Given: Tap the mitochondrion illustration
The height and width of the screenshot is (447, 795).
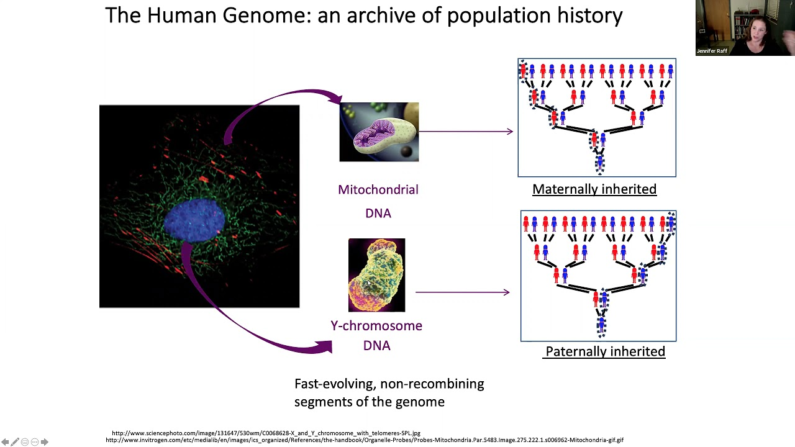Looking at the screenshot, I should pyautogui.click(x=379, y=132).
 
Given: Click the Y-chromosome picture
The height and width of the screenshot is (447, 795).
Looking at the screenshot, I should pyautogui.click(x=376, y=275).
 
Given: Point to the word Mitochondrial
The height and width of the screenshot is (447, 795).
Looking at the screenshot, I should pyautogui.click(x=378, y=190).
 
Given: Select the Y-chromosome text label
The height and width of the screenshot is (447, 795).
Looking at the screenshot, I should pyautogui.click(x=376, y=326).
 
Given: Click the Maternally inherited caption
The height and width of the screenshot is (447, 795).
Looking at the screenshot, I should pyautogui.click(x=594, y=189).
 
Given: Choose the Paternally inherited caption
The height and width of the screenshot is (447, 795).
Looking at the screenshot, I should pyautogui.click(x=605, y=351).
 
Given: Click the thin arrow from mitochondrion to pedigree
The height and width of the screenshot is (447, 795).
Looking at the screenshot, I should pyautogui.click(x=466, y=131).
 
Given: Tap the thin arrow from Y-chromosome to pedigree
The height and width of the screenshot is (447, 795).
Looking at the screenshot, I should pyautogui.click(x=462, y=292).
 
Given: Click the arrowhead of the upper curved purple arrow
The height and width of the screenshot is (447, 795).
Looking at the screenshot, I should pyautogui.click(x=334, y=97).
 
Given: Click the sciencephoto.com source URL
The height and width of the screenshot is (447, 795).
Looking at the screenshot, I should pyautogui.click(x=266, y=433).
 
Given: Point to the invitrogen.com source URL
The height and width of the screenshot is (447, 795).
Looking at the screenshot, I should pyautogui.click(x=364, y=440).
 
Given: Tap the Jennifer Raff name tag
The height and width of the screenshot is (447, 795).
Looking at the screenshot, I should pyautogui.click(x=712, y=51).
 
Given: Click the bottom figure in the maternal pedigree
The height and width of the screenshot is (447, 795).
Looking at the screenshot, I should pyautogui.click(x=599, y=163).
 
